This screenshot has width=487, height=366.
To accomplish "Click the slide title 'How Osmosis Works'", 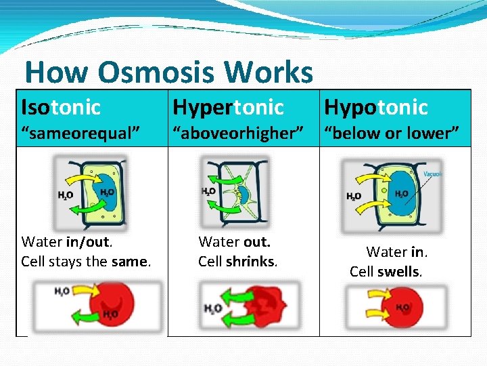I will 168,72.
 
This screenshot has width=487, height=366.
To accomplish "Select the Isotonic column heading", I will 61,107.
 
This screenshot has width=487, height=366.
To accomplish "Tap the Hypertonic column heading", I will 228,107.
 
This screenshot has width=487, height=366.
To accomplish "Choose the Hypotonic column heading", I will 376,107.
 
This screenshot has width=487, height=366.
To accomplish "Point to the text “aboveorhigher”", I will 237,133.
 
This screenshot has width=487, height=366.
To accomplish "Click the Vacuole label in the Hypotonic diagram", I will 434,174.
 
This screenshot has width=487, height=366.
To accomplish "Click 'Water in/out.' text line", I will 67,242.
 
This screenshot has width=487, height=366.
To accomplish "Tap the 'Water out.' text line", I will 234,242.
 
